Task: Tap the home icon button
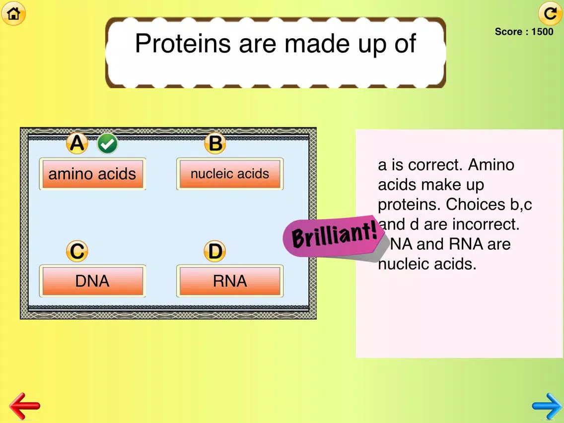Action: point(14,14)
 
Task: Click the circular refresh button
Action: point(550,14)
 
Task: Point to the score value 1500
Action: point(543,32)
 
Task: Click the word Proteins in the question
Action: point(183,44)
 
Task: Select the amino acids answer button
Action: point(92,174)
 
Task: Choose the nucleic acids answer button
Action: point(230,174)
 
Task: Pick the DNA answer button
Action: point(92,281)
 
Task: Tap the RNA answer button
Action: point(230,281)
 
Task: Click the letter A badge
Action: point(77,143)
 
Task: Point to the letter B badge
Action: point(215,143)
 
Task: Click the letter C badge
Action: point(77,251)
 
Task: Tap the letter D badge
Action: point(215,251)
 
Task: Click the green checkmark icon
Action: point(107,143)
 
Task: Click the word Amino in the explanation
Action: point(491,165)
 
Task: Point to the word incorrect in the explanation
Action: point(486,224)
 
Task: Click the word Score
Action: point(508,32)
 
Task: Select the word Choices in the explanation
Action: point(476,205)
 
